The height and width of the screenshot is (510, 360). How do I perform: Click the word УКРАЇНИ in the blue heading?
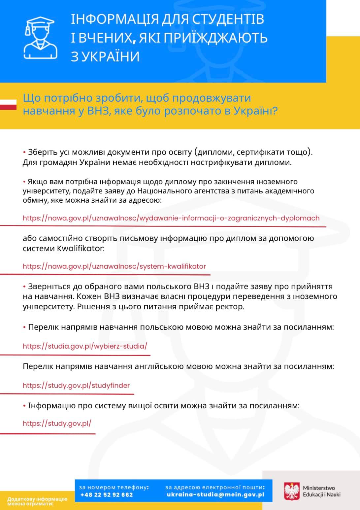point(105,56)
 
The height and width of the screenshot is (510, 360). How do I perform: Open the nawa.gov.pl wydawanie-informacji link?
point(171,218)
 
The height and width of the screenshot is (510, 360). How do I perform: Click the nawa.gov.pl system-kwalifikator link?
point(114,266)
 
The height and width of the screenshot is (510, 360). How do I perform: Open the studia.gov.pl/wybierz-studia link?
point(85,346)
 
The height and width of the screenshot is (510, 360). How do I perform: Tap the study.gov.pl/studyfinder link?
point(76,386)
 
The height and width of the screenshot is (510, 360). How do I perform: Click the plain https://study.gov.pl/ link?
point(57,424)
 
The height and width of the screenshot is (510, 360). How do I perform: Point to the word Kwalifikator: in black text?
point(81,249)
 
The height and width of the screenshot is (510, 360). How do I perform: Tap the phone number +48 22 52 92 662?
point(107,495)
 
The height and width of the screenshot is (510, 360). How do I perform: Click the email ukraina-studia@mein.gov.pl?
point(215,495)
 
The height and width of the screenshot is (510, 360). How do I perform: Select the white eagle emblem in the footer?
point(292,491)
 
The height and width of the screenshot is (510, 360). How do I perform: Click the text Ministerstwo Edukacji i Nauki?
point(321,491)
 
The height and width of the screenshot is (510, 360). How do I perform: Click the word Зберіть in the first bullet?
point(42,152)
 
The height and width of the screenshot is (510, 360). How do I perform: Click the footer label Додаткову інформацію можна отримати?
point(37,501)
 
